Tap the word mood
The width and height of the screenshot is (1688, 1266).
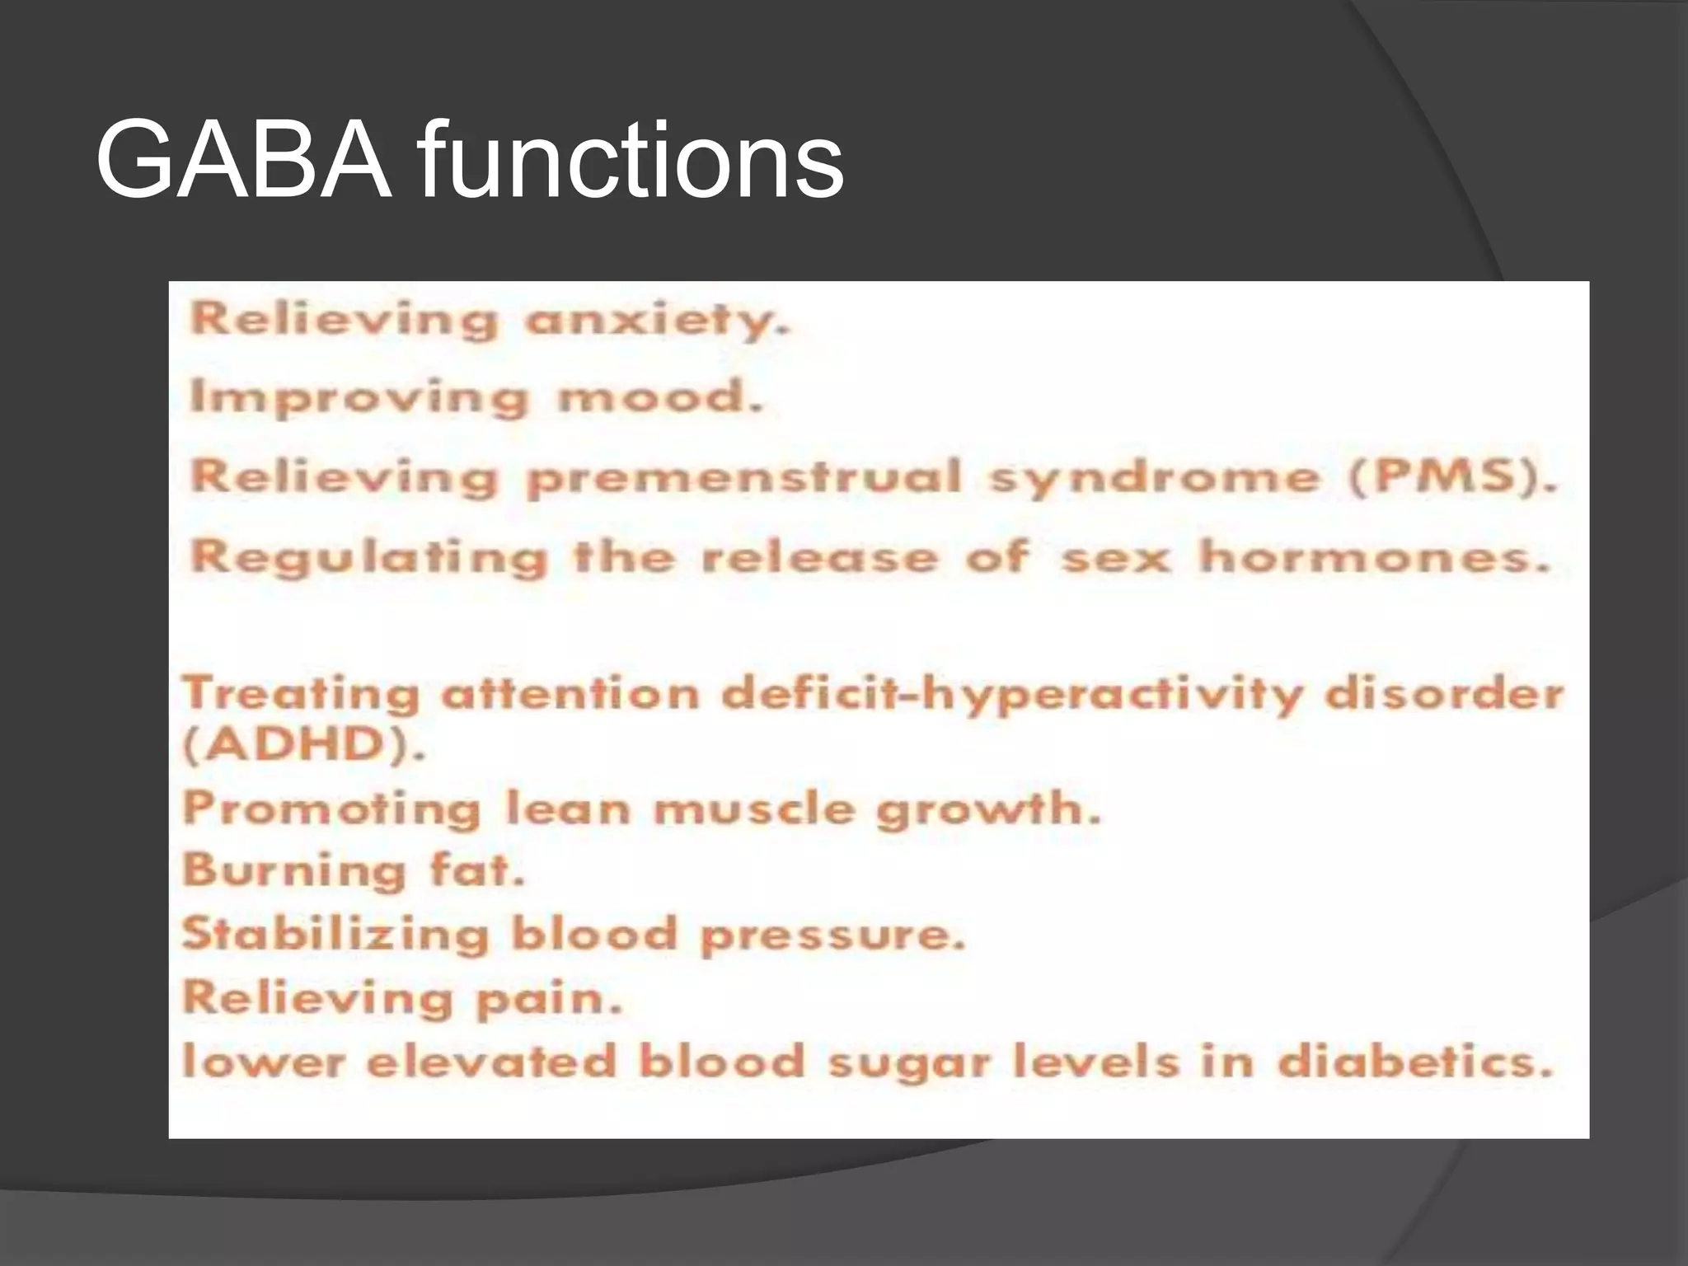(660, 398)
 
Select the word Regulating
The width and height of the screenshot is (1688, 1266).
(368, 557)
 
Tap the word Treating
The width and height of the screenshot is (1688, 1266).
(301, 693)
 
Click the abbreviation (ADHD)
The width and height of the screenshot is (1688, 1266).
(303, 745)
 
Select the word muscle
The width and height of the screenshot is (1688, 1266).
(754, 809)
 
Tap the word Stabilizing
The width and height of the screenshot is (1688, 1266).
(335, 935)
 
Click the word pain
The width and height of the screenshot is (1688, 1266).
(548, 999)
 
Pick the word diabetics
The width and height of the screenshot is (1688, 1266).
(1414, 1061)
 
